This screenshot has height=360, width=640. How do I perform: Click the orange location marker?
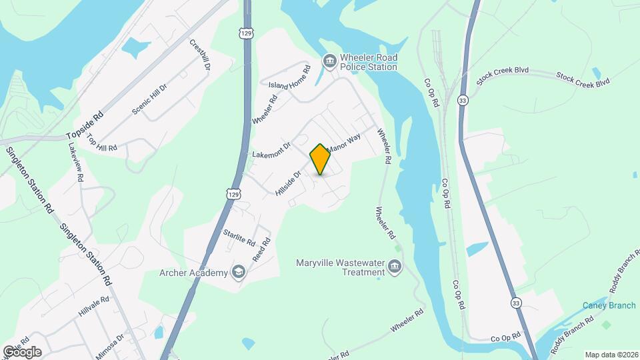pyautogui.click(x=320, y=159)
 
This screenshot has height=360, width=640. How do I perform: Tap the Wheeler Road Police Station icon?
pyautogui.click(x=329, y=62)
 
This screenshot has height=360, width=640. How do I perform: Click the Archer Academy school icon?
pyautogui.click(x=238, y=272)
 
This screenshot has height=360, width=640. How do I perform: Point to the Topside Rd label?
pyautogui.click(x=86, y=125)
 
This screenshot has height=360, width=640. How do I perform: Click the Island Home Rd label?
pyautogui.click(x=289, y=78)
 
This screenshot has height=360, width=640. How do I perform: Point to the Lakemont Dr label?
pyautogui.click(x=271, y=150)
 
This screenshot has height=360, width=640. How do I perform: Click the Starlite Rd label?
pyautogui.click(x=240, y=236)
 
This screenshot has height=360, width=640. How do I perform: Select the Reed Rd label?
pyautogui.click(x=261, y=249)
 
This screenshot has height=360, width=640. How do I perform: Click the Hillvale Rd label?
pyautogui.click(x=93, y=307)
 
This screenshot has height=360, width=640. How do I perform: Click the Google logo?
pyautogui.click(x=22, y=351)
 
